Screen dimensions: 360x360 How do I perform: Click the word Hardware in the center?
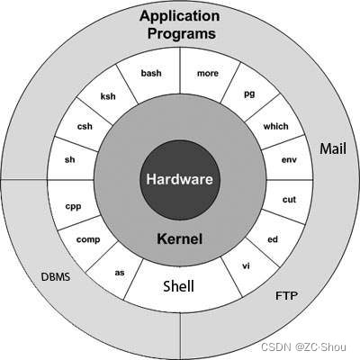(179, 179)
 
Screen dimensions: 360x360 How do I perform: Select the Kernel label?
(179, 238)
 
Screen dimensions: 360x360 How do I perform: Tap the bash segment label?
(151, 73)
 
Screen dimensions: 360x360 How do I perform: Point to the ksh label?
(108, 96)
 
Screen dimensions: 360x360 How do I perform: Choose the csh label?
(85, 126)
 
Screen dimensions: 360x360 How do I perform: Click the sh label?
(69, 159)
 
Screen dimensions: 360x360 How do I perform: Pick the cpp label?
(73, 207)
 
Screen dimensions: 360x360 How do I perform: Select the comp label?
(88, 240)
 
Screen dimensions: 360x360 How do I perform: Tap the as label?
(120, 273)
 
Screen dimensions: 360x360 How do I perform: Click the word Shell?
(178, 286)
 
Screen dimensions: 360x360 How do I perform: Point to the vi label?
(246, 265)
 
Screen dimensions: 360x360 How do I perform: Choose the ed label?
(273, 239)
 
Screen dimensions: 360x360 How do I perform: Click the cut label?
(289, 200)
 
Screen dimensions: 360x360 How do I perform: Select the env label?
(289, 159)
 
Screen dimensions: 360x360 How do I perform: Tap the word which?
(275, 126)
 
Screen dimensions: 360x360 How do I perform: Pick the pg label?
(249, 94)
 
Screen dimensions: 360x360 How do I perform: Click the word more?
(208, 73)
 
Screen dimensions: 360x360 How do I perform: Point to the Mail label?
(333, 148)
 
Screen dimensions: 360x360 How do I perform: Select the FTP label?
(286, 296)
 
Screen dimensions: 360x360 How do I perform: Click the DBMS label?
(56, 276)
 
